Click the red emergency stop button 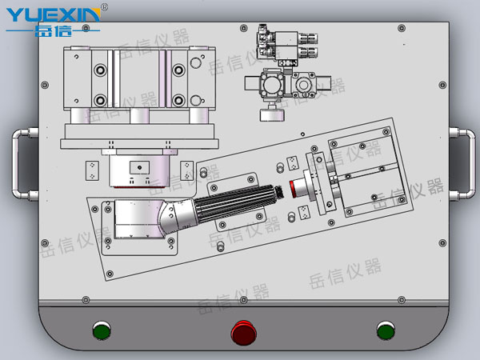(244, 333)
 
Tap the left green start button (102, 330)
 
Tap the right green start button (386, 330)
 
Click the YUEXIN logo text (54, 14)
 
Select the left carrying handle (19, 164)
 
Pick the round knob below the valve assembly (272, 114)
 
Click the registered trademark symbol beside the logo (104, 6)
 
